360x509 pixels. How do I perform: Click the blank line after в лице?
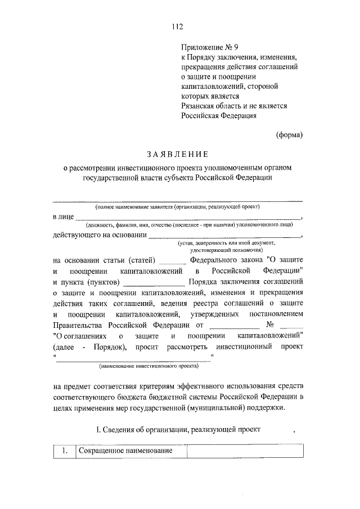click(x=188, y=217)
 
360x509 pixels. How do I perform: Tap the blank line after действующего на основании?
click(x=225, y=236)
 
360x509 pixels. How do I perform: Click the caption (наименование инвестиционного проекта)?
click(x=148, y=366)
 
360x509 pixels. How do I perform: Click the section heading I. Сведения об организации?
click(x=178, y=430)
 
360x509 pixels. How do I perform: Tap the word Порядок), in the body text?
click(x=106, y=346)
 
